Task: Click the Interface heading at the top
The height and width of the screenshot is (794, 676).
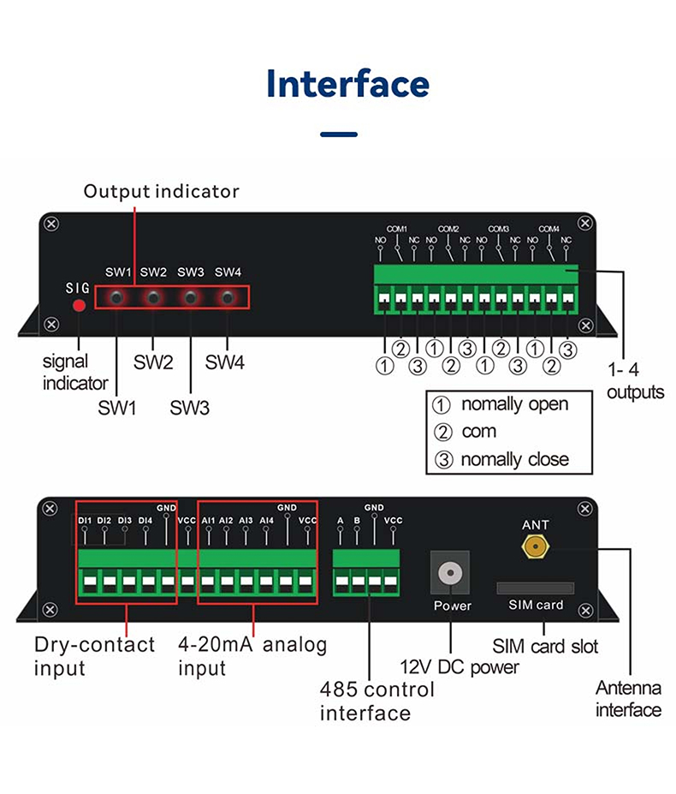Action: [x=347, y=84]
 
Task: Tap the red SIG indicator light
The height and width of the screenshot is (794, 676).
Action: [x=79, y=305]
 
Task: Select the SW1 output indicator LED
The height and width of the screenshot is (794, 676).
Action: [x=116, y=298]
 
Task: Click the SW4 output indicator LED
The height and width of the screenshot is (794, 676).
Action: [x=228, y=298]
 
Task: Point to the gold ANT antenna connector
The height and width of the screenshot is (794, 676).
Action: [x=536, y=546]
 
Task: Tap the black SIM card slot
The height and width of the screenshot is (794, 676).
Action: [x=536, y=588]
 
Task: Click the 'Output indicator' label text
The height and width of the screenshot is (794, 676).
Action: [x=161, y=191]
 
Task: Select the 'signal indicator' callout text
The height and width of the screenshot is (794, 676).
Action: [x=75, y=373]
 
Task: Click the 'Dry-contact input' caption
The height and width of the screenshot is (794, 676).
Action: [x=94, y=655]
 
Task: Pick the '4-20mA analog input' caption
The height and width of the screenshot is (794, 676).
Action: [x=252, y=655]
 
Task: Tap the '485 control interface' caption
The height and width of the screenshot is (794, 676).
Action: [x=365, y=701]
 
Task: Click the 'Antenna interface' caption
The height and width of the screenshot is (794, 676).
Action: [x=628, y=698]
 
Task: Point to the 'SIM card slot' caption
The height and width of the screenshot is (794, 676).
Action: [x=545, y=645]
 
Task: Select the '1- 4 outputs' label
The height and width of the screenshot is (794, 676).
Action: [x=636, y=381]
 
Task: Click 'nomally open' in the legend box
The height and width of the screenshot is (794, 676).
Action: [x=514, y=404]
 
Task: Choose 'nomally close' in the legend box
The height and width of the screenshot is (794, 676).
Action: [x=514, y=459]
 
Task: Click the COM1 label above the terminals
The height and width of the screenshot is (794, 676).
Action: [x=397, y=229]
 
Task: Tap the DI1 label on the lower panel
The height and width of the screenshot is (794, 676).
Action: [x=85, y=520]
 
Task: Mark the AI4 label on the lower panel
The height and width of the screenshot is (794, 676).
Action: [x=266, y=520]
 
